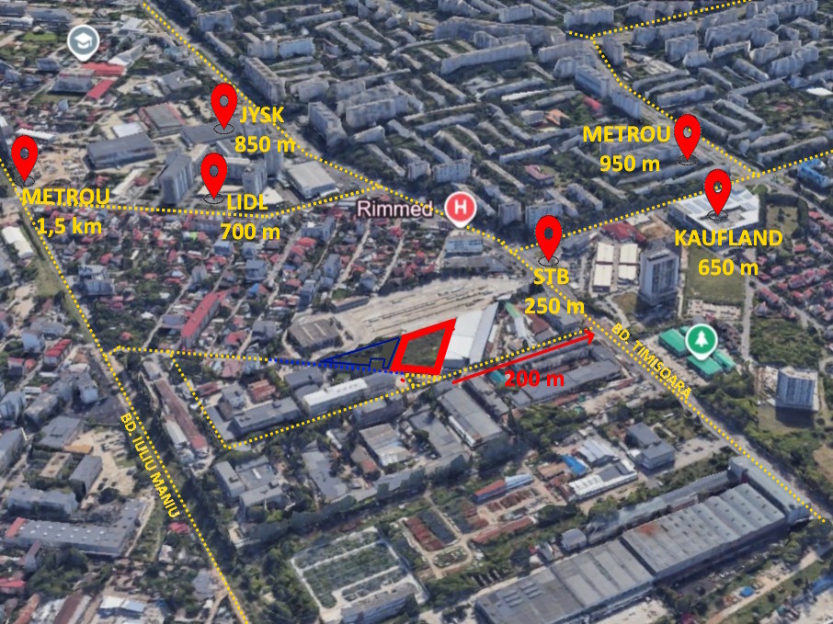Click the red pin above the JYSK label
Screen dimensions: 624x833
click(x=224, y=105)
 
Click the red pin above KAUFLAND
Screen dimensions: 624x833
click(x=718, y=190)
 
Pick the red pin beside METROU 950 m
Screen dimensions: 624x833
click(x=688, y=136)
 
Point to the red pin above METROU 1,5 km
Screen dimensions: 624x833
click(x=25, y=155)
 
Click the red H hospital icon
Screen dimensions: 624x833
click(x=460, y=208)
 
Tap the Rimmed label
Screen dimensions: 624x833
click(x=394, y=209)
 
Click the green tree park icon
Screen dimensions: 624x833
click(x=704, y=338)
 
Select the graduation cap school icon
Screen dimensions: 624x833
click(x=84, y=42)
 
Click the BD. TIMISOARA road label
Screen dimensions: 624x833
click(x=648, y=359)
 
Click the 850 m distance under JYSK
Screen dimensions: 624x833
click(x=264, y=143)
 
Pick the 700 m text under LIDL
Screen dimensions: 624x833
click(x=250, y=233)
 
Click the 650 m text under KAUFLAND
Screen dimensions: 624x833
click(x=728, y=267)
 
